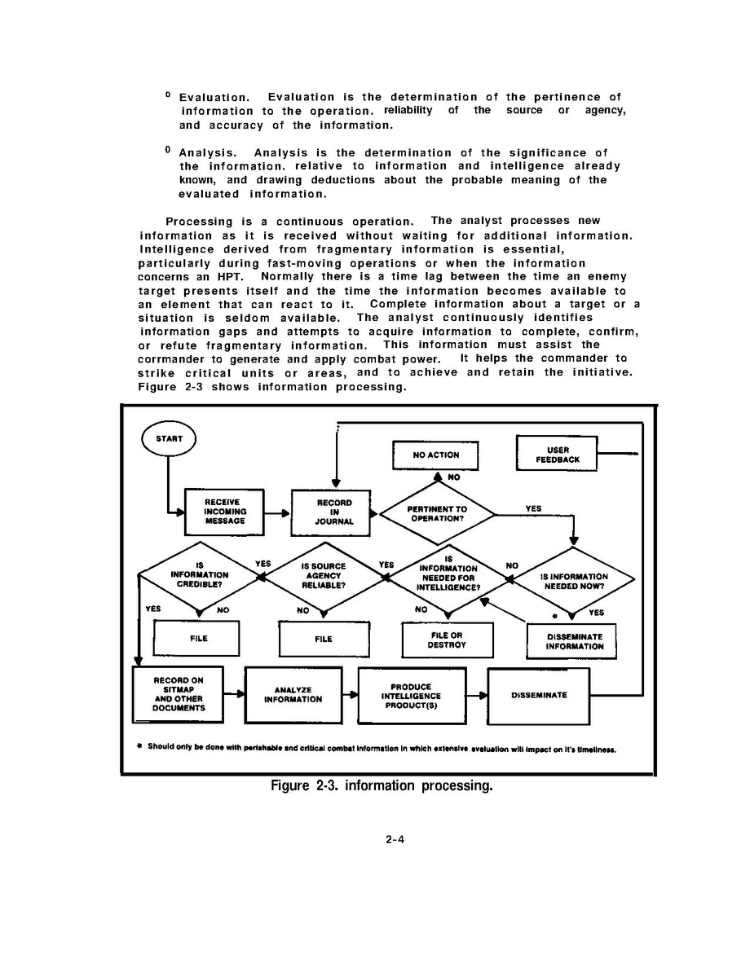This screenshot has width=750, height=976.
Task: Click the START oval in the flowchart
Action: click(x=169, y=439)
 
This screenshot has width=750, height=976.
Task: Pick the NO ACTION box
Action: click(x=436, y=455)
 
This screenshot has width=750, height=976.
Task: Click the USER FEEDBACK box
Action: click(x=557, y=454)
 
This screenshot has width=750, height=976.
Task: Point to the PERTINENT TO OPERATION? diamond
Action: click(x=438, y=512)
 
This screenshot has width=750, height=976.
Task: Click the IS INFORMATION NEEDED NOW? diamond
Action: click(x=573, y=577)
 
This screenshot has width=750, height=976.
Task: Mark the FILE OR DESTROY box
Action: click(x=448, y=640)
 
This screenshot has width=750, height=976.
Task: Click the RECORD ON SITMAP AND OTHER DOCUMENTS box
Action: click(x=178, y=694)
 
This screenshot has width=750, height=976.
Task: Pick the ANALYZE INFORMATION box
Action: click(x=293, y=694)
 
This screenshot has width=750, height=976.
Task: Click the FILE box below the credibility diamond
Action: click(x=197, y=639)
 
